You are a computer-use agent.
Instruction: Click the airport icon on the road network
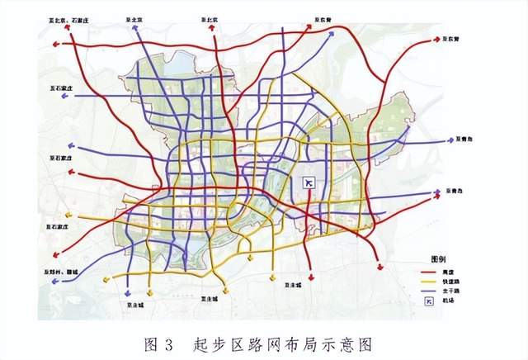click(x=309, y=182)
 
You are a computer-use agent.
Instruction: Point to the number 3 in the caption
click(x=168, y=342)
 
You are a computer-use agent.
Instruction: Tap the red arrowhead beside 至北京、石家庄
click(x=69, y=26)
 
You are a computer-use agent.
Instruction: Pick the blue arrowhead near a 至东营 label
click(x=333, y=34)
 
